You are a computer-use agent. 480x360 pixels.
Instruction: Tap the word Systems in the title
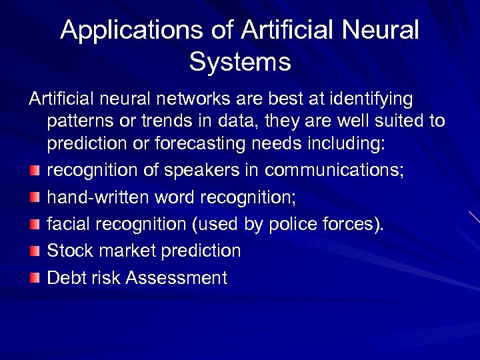tap(240, 62)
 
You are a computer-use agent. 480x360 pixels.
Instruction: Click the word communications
tap(334, 171)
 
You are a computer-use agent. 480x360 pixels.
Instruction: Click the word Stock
tap(69, 251)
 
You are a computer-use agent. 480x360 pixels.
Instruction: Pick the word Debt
tap(67, 277)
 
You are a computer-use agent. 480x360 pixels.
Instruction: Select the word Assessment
tap(176, 277)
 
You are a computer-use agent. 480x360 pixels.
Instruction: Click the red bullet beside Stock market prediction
tap(35, 251)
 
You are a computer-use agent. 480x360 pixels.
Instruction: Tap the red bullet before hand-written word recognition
tap(35, 198)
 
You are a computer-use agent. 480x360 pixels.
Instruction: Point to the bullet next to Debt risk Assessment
tap(35, 278)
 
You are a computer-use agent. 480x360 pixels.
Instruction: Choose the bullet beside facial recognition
tap(35, 225)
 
